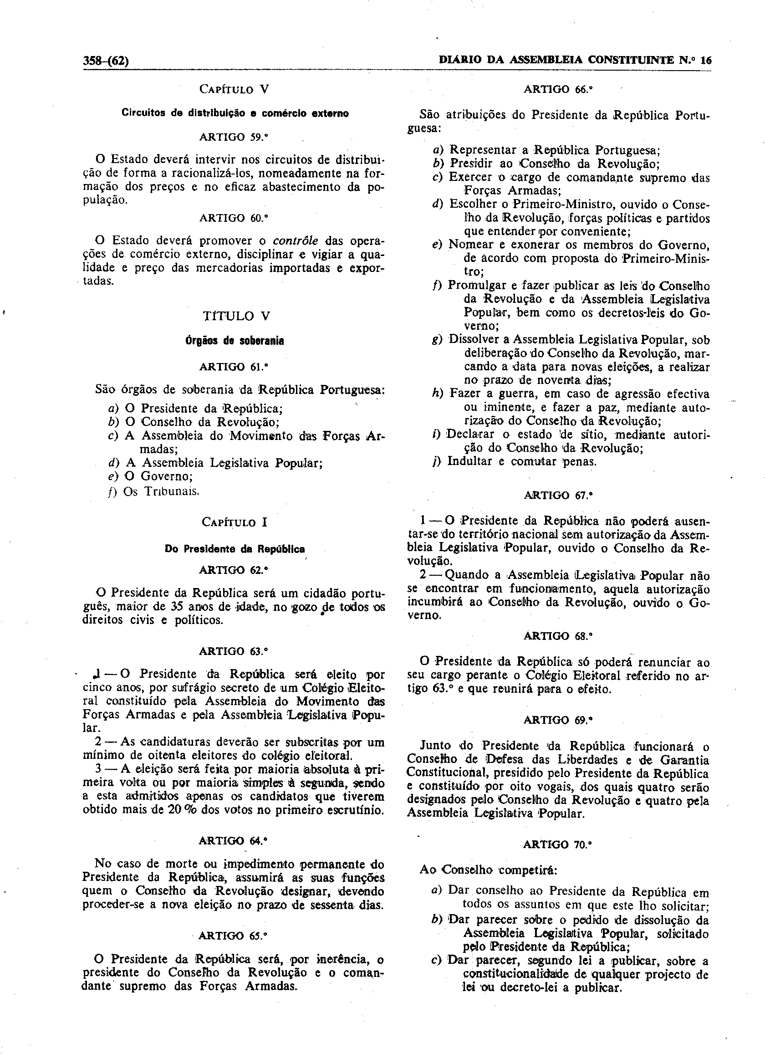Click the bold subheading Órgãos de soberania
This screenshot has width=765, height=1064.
(x=235, y=342)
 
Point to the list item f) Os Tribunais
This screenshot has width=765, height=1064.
(x=155, y=492)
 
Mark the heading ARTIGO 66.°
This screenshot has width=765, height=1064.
(x=558, y=90)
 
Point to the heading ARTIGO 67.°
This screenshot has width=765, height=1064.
(x=558, y=496)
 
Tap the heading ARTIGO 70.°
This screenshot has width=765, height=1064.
(x=558, y=845)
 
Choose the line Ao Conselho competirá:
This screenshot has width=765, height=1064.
(x=488, y=870)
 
